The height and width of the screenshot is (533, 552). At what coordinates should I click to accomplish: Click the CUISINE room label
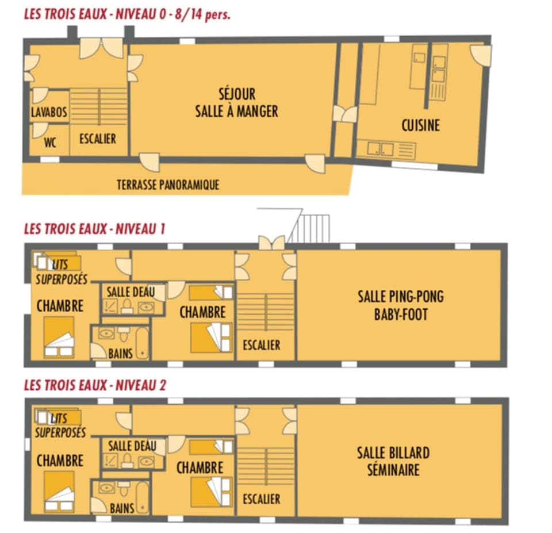click(x=420, y=125)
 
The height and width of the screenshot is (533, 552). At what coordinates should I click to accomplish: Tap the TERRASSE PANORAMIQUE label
click(x=168, y=185)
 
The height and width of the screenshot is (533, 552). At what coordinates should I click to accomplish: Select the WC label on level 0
click(x=50, y=143)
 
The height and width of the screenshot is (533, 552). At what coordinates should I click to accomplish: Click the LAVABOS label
click(x=49, y=113)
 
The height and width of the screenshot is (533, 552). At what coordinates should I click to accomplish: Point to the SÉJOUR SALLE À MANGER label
click(x=236, y=102)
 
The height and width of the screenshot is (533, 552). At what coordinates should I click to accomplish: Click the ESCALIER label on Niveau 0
click(x=98, y=139)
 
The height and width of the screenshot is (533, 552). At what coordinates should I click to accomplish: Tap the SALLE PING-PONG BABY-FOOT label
click(x=401, y=305)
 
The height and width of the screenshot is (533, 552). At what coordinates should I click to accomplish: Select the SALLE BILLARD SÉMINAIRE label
click(x=393, y=461)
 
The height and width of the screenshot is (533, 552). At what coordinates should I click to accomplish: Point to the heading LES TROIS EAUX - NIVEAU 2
click(x=95, y=385)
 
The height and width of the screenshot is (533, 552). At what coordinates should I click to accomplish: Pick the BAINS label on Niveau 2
click(x=122, y=508)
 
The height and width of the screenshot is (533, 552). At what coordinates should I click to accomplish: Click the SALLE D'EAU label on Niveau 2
click(x=132, y=446)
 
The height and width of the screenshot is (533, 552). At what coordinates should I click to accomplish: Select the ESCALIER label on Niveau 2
click(x=261, y=499)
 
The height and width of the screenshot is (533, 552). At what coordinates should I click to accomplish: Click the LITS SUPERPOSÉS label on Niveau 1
click(x=62, y=271)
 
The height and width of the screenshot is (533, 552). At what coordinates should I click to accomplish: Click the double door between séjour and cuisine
click(x=345, y=114)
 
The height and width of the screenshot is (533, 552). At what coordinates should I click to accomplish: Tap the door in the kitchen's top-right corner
click(x=481, y=55)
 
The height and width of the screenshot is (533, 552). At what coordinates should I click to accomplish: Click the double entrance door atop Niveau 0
click(x=101, y=48)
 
